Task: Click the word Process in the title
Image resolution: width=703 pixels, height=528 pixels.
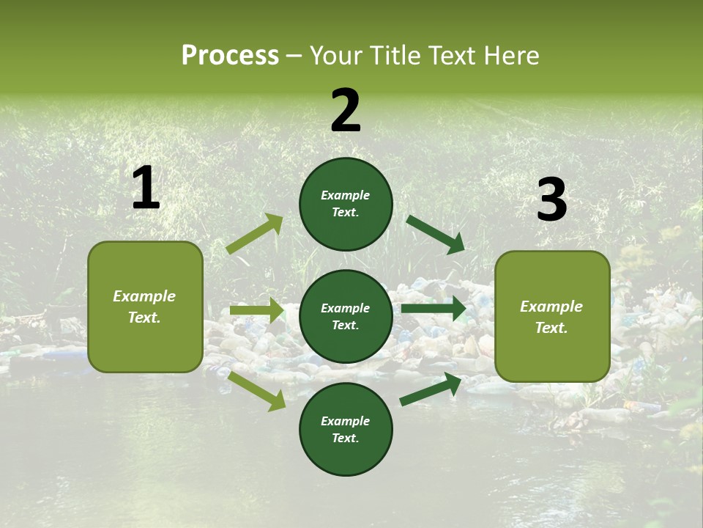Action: pos(230,56)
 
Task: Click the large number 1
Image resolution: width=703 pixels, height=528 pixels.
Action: pos(146,188)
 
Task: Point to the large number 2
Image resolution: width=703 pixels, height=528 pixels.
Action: pos(346,111)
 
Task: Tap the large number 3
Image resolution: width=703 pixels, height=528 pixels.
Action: pos(551,200)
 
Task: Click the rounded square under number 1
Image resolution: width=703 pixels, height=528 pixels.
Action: pos(145,307)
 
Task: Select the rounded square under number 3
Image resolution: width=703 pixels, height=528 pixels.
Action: pos(552,316)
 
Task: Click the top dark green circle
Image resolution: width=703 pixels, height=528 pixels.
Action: pos(346,204)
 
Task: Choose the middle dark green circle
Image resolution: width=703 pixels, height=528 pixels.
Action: pos(346,316)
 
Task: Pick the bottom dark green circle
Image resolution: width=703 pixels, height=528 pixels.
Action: pos(346,429)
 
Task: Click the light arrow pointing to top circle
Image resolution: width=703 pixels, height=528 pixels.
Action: pos(255,234)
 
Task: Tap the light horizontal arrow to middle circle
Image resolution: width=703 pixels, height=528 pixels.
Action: pos(256,311)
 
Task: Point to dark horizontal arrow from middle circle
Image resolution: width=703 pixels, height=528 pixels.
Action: pos(434,309)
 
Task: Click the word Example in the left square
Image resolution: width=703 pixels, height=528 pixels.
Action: pos(144,296)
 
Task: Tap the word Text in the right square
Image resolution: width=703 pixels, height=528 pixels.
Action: pos(551,328)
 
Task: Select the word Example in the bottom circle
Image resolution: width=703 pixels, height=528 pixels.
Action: pos(346,421)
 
